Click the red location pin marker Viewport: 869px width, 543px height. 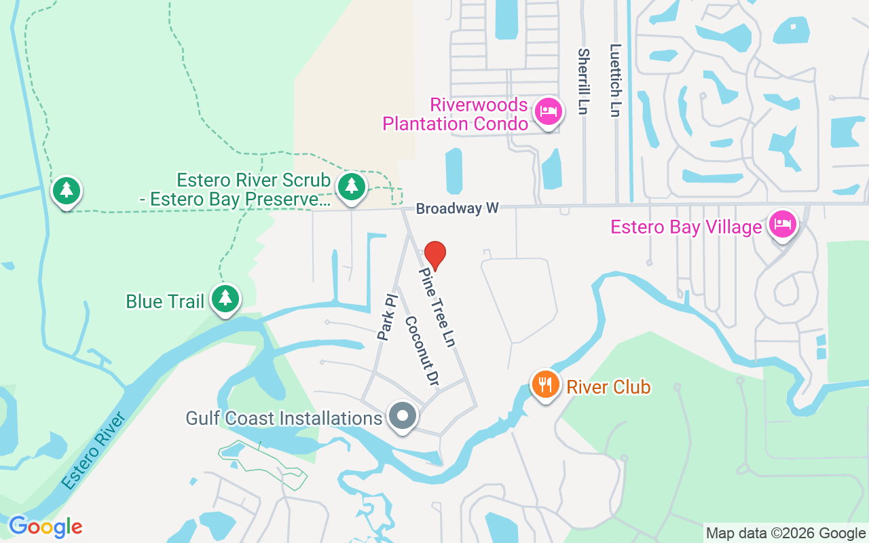tap(434, 255)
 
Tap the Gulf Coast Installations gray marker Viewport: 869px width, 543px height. tap(402, 415)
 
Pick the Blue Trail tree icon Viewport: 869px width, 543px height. tap(225, 299)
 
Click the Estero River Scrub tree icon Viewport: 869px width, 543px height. tap(351, 185)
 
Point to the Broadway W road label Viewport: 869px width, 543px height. tap(457, 208)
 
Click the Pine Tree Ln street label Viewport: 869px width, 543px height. tap(436, 307)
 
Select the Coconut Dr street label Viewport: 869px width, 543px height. tap(421, 352)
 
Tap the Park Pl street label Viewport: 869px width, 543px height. tap(387, 316)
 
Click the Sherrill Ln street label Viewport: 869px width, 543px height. tap(583, 81)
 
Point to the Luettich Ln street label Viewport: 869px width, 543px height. tap(615, 81)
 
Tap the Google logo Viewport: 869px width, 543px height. tap(45, 527)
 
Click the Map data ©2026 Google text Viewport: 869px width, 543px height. tap(785, 533)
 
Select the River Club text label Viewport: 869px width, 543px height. tap(608, 387)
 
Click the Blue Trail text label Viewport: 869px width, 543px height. tap(165, 301)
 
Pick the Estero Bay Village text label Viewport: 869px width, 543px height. tap(686, 227)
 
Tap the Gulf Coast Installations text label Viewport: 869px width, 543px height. tap(284, 418)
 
